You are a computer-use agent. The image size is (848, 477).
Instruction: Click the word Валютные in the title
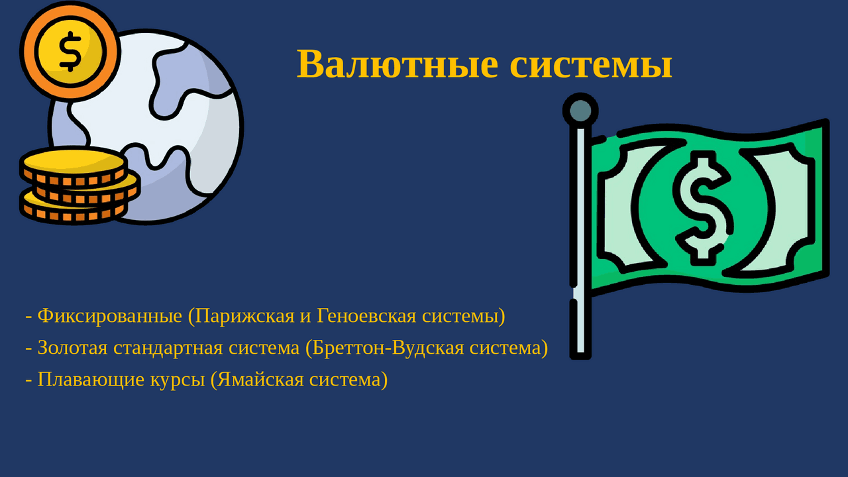pos(397,64)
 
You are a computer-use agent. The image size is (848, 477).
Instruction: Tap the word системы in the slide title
pos(591,65)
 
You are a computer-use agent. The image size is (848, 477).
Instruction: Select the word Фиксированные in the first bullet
pos(110,316)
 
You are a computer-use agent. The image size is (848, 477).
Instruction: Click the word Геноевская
pos(366,315)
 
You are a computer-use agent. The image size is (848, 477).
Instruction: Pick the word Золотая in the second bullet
pos(73,348)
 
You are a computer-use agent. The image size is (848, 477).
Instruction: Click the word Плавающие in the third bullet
pos(91,380)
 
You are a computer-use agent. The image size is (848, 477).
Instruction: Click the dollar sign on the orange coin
pos(70,52)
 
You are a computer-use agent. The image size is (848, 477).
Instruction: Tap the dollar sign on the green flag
pos(704,208)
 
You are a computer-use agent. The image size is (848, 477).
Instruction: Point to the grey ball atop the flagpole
pos(580,111)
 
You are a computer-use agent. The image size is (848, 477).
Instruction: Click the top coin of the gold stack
pos(74,166)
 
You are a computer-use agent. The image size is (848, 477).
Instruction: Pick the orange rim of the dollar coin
pos(28,52)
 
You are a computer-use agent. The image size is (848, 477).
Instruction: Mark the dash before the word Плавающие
pos(28,380)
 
